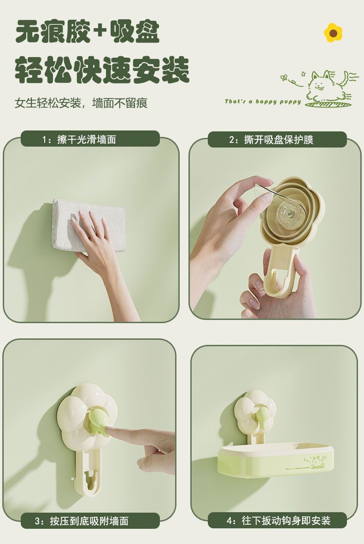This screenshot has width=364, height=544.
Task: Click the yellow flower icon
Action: (333, 33)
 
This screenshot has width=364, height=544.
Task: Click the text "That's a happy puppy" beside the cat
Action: (263, 101)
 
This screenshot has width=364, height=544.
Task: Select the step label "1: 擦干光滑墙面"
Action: (90, 139)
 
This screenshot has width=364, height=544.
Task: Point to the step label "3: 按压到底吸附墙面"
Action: (90, 521)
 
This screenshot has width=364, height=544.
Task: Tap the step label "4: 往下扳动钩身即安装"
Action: (277, 520)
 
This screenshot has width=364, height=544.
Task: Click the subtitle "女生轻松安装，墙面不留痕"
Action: (81, 103)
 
